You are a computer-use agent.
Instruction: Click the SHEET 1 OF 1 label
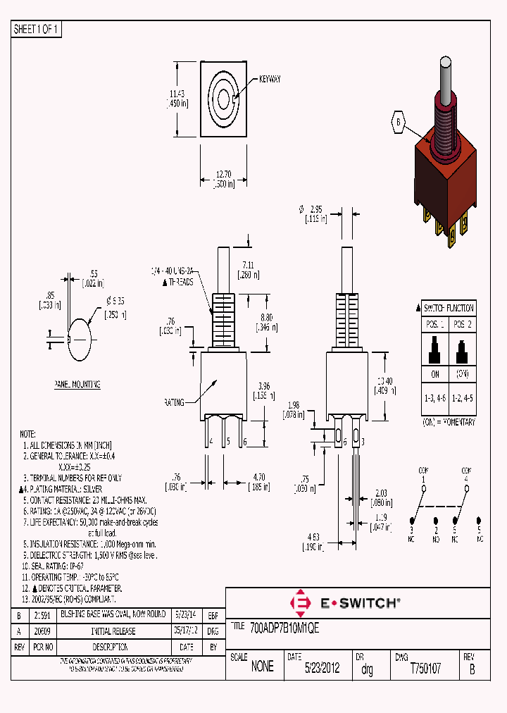tap(37, 30)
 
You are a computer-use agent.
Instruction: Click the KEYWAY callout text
tap(270, 80)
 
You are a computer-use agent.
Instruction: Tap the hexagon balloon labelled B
tap(398, 122)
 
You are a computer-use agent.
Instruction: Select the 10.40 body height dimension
tap(384, 380)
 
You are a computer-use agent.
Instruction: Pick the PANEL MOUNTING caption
tap(77, 385)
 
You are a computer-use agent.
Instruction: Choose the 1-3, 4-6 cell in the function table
tap(433, 398)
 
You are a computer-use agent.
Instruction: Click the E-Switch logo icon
tap(302, 602)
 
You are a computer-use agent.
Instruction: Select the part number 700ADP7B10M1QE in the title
tap(284, 627)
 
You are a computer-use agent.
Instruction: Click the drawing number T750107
tap(425, 669)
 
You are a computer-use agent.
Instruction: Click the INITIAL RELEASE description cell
tap(113, 631)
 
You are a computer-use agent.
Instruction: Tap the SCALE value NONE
tap(262, 667)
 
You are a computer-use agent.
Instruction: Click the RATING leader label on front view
tap(174, 402)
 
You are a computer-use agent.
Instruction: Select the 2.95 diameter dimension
tap(316, 209)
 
